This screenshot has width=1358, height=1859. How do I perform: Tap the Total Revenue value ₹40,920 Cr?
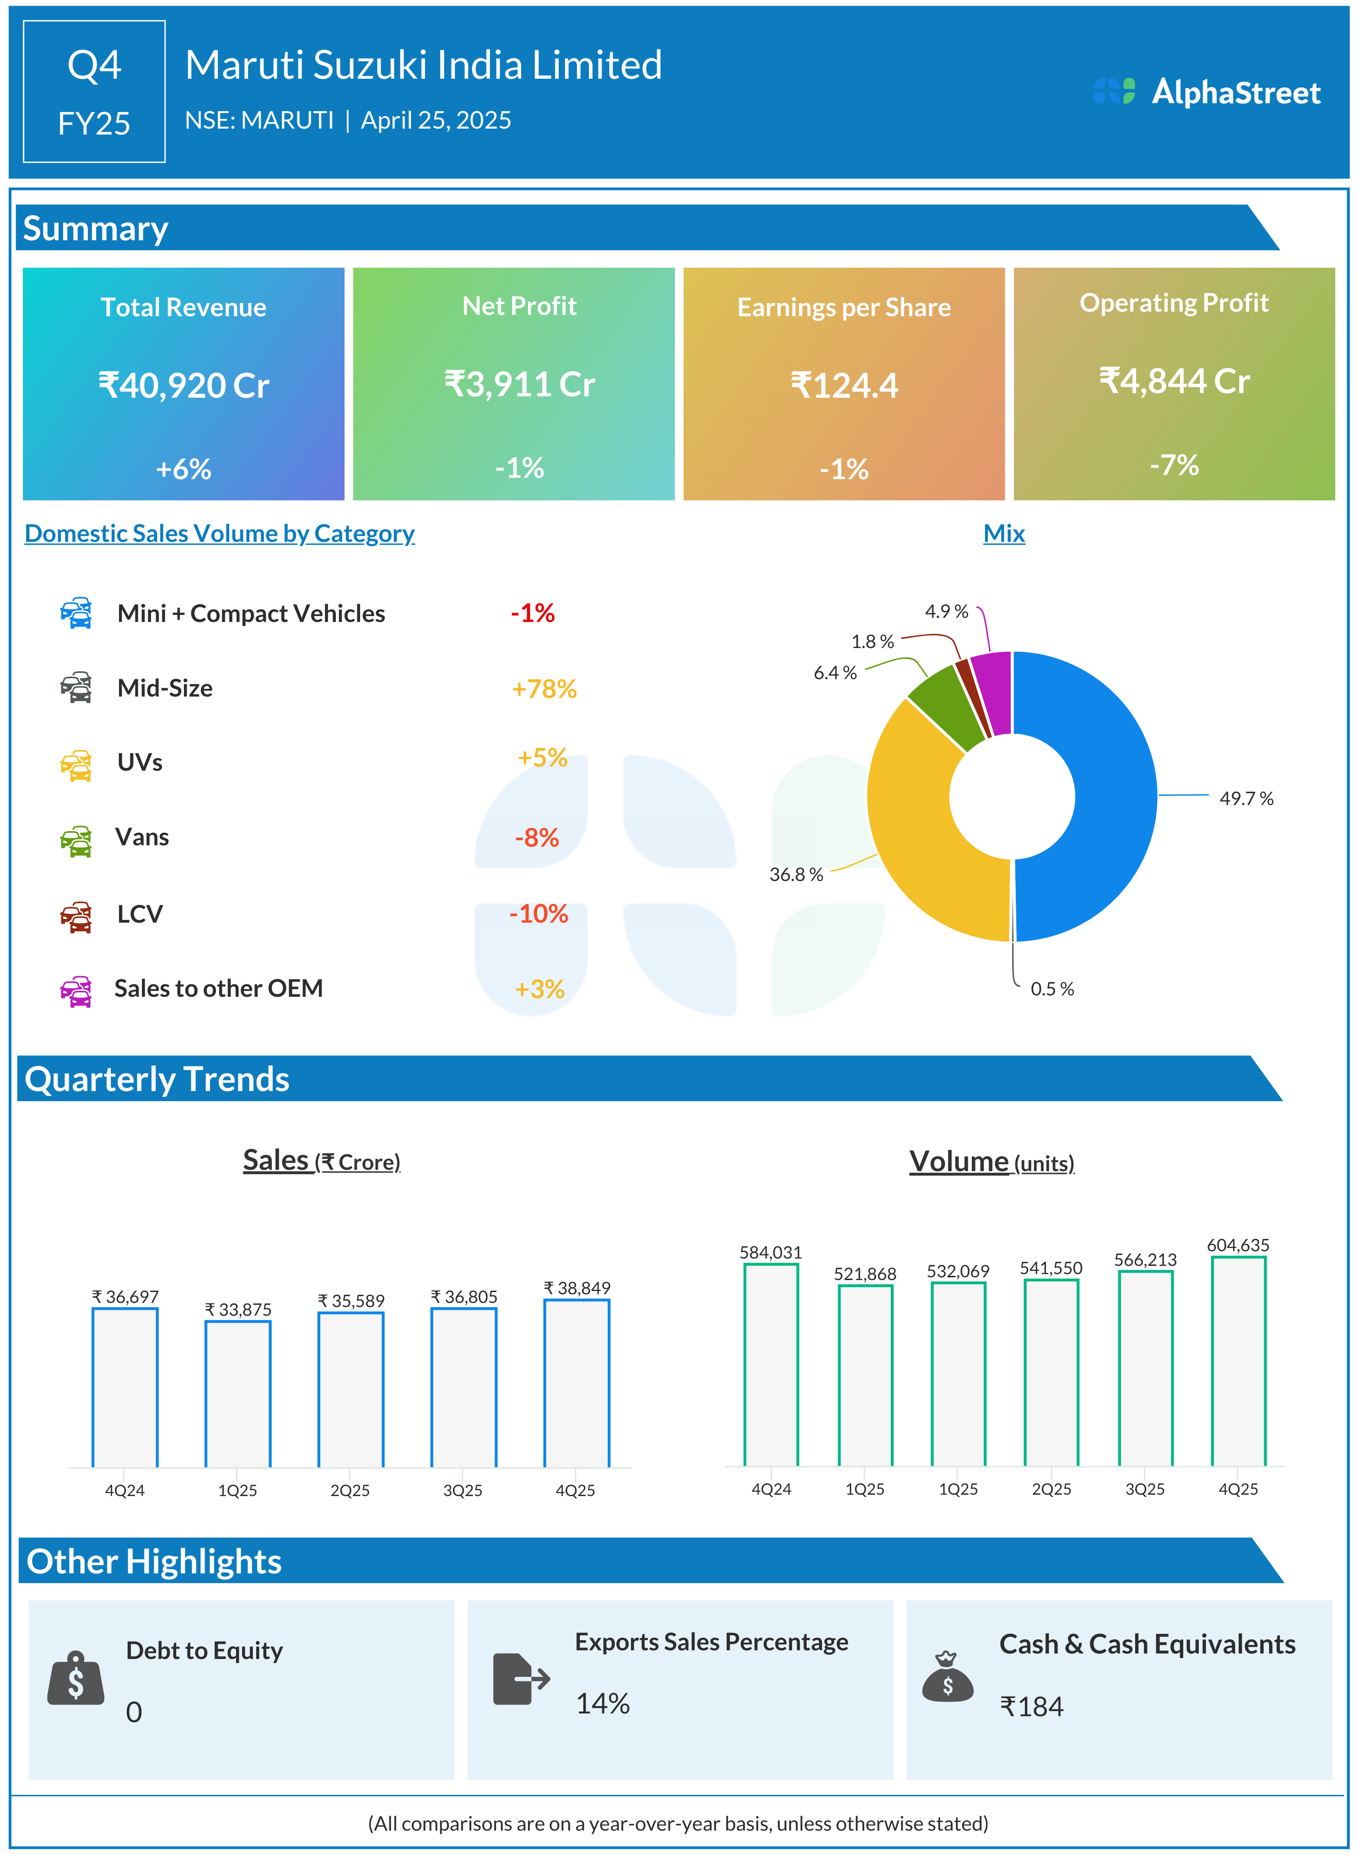(x=183, y=386)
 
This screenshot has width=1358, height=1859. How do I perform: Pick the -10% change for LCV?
(x=539, y=913)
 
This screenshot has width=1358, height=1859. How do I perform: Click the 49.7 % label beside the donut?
(x=1245, y=798)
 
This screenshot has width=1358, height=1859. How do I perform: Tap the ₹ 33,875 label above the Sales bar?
(x=237, y=1309)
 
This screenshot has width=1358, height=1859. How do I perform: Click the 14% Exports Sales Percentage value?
(x=603, y=1703)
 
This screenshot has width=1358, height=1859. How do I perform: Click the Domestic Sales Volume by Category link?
(x=220, y=534)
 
